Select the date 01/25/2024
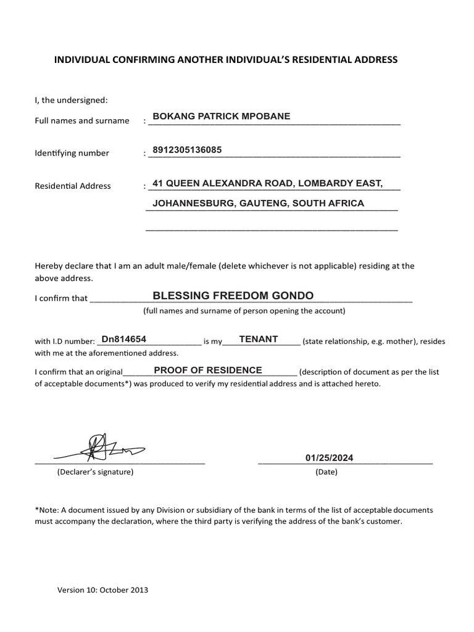pyautogui.click(x=329, y=458)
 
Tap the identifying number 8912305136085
pyautogui.click(x=187, y=149)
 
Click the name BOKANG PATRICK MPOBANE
pyautogui.click(x=221, y=116)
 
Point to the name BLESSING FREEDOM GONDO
pyautogui.click(x=233, y=296)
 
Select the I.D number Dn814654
pyautogui.click(x=123, y=339)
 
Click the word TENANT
pyautogui.click(x=259, y=339)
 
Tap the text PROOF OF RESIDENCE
pyautogui.click(x=208, y=370)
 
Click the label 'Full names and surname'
pyautogui.click(x=82, y=121)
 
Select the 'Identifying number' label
pyautogui.click(x=72, y=153)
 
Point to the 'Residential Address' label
pyautogui.click(x=73, y=186)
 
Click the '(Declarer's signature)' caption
pyautogui.click(x=95, y=472)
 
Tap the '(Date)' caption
pyautogui.click(x=326, y=472)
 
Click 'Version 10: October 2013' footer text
pyautogui.click(x=103, y=589)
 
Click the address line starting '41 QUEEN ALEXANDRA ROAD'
pyautogui.click(x=267, y=183)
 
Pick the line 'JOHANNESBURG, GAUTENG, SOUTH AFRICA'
pyautogui.click(x=258, y=203)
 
